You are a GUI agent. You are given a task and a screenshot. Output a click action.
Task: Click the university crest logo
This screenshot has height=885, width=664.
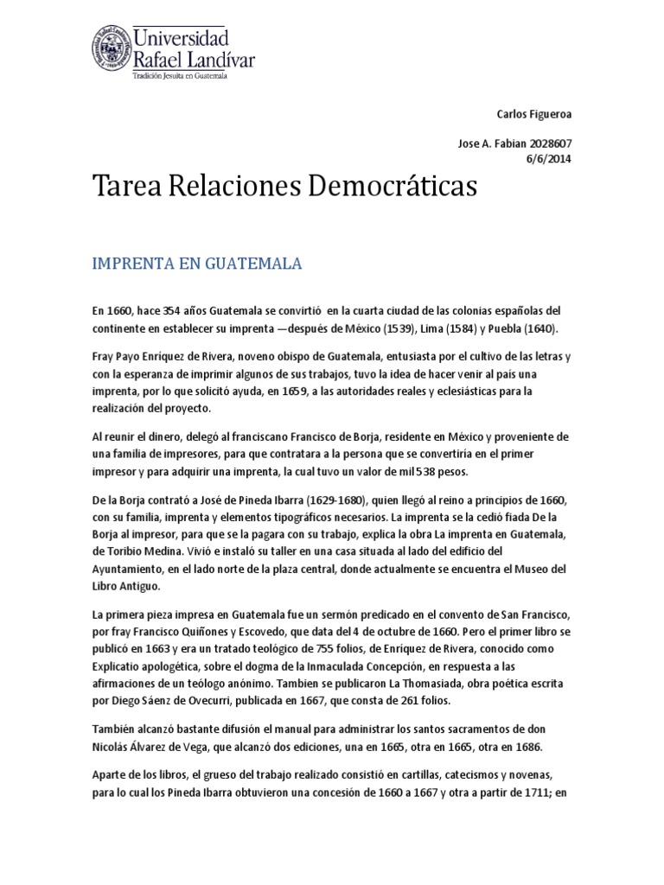tap(110, 49)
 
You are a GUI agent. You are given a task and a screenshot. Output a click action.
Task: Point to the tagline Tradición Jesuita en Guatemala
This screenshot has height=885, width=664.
tap(178, 76)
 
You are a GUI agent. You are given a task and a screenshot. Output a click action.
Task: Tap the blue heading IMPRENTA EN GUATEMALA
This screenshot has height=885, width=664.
tap(197, 264)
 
